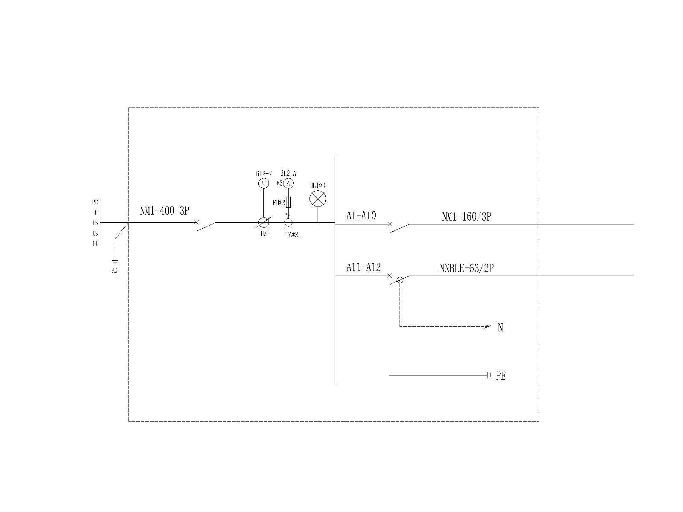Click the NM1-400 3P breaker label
click(164, 211)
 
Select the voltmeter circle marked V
click(264, 183)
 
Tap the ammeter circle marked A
click(289, 183)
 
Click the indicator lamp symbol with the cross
click(317, 199)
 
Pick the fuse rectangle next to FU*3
click(289, 202)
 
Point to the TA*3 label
click(292, 234)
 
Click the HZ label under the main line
click(264, 234)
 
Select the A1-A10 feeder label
click(361, 216)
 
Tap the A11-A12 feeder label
click(363, 268)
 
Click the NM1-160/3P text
click(466, 217)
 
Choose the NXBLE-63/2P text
click(467, 269)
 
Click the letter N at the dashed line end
click(500, 328)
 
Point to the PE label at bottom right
click(501, 376)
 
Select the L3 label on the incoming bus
click(95, 223)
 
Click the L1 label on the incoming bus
click(95, 244)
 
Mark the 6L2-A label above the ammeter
click(288, 173)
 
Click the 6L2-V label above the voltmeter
click(264, 173)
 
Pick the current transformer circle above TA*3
click(288, 222)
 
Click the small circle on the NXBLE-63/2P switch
click(400, 280)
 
